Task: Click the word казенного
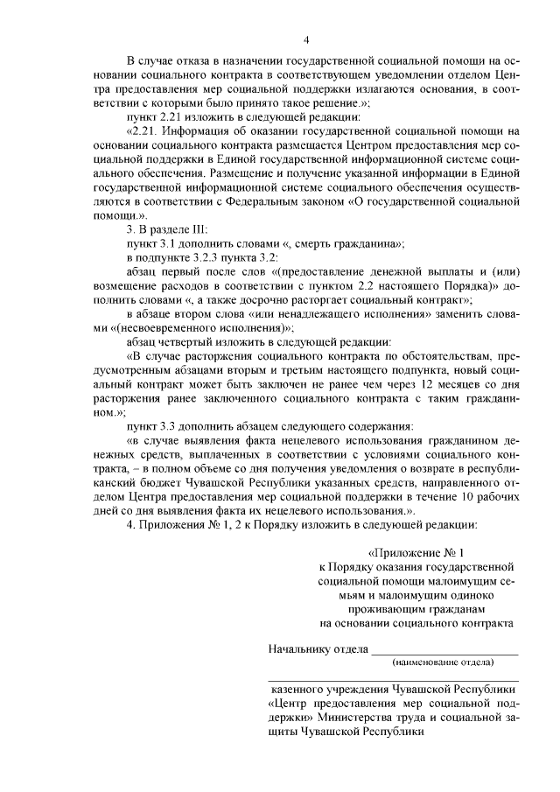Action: pos(299,688)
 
